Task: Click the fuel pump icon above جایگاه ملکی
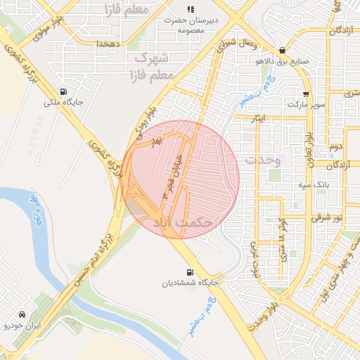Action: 64,92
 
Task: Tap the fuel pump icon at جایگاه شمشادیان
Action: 189,273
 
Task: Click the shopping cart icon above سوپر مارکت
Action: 306,94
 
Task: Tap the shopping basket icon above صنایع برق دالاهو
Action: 282,50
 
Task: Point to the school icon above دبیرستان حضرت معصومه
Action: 190,9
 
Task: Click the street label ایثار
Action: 260,119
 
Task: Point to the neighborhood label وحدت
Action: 262,160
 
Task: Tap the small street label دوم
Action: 335,147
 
